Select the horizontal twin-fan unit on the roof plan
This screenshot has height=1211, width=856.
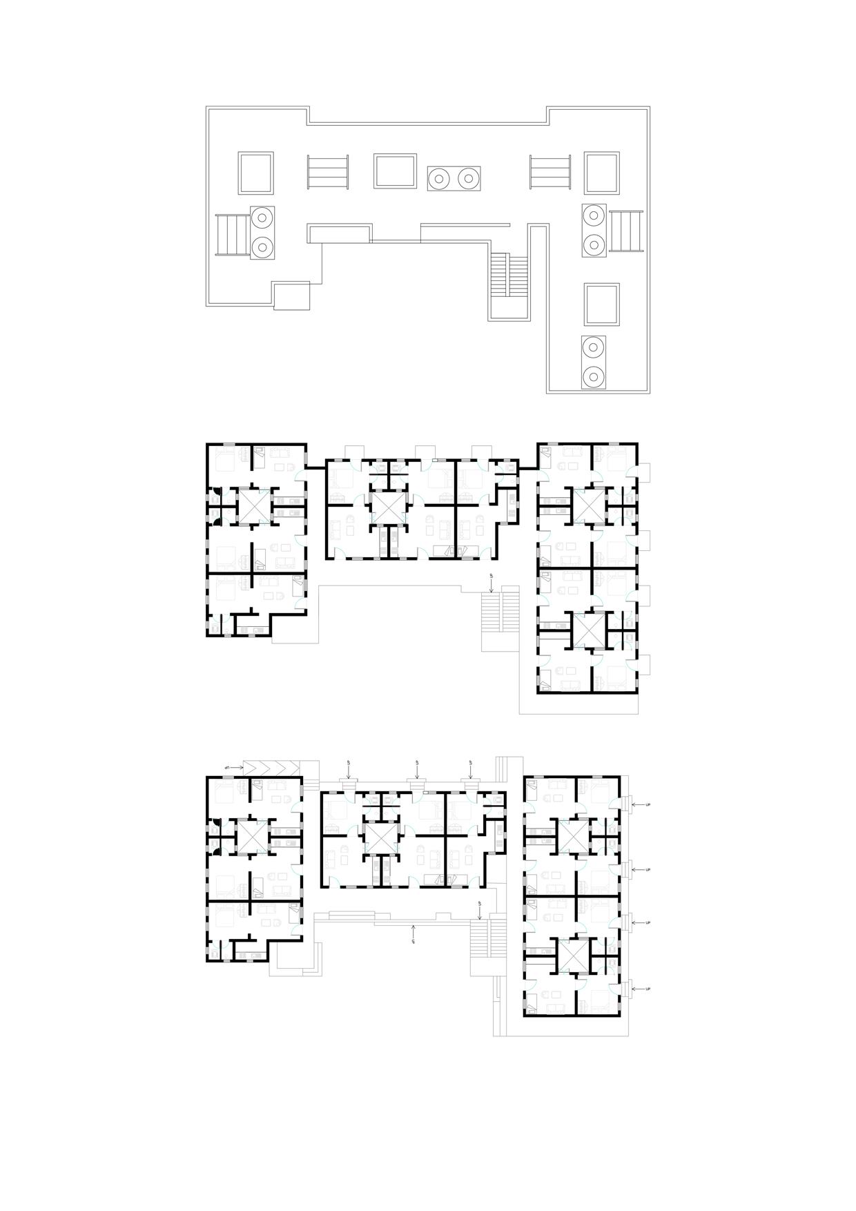pyautogui.click(x=454, y=179)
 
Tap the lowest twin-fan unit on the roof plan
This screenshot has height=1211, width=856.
pyautogui.click(x=594, y=362)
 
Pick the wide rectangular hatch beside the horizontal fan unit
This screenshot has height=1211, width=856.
pyautogui.click(x=395, y=171)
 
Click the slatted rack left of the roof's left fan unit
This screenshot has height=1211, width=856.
pyautogui.click(x=232, y=235)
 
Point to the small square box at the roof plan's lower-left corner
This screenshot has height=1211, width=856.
pyautogui.click(x=291, y=295)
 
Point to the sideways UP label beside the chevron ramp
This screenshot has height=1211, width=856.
pyautogui.click(x=227, y=767)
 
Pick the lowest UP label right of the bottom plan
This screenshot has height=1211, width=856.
pyautogui.click(x=648, y=989)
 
